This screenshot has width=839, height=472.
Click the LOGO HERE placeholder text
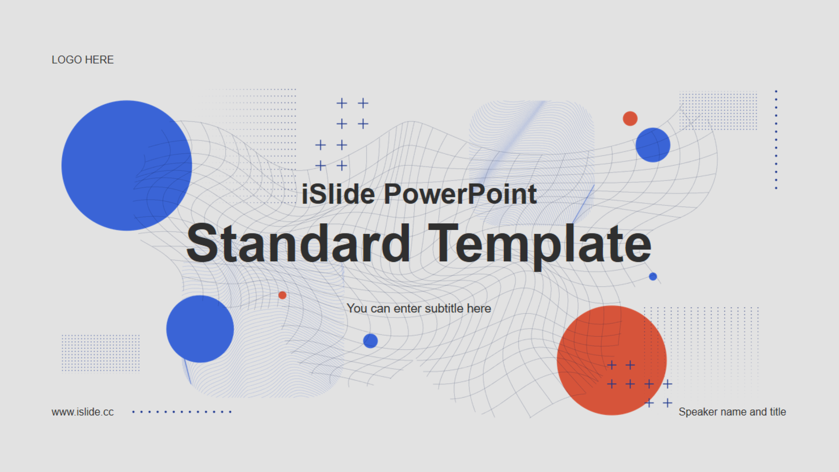83,60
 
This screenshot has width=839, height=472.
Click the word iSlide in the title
338,194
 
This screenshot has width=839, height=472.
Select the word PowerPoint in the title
460,194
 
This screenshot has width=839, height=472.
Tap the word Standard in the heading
298,243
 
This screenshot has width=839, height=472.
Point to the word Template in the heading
540,246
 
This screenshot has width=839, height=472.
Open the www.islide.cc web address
83,412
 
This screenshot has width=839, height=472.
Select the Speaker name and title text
732,412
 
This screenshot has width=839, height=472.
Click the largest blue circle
127,166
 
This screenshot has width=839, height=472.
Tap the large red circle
612,360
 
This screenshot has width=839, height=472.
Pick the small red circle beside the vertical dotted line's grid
630,118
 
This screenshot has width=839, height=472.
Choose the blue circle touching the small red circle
653,145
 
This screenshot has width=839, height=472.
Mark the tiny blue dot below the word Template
653,277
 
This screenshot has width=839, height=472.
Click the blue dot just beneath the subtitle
371,341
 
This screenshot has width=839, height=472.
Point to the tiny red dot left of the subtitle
282,295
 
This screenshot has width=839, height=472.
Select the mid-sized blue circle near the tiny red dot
200,329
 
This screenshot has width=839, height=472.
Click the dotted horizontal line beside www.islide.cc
182,412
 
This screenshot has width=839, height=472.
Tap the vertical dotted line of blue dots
776,140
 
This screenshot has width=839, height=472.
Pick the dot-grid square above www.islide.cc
101,353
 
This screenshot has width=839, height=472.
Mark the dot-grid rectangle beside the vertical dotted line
718,111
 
